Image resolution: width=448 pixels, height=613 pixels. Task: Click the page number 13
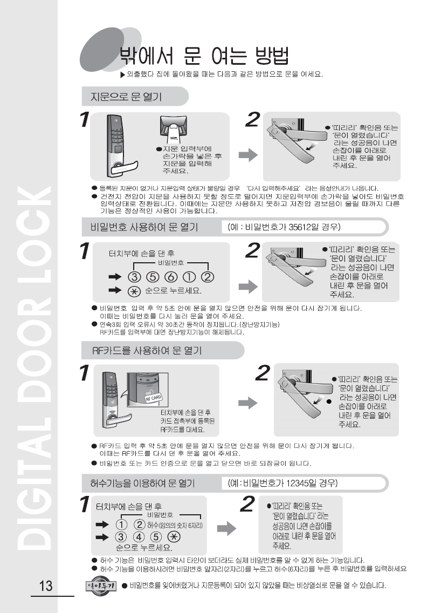(x=46, y=585)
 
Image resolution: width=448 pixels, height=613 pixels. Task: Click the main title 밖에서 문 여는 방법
(x=204, y=56)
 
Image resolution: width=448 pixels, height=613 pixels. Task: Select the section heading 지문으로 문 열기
(x=126, y=97)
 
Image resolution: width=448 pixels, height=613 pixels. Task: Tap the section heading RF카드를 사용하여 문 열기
(x=147, y=350)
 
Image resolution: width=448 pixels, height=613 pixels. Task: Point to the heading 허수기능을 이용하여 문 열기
(x=142, y=483)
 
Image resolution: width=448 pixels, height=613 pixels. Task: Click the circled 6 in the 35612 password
(x=171, y=277)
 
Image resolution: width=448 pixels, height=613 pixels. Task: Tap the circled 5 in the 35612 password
(x=153, y=277)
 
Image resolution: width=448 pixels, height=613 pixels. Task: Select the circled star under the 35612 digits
(x=134, y=291)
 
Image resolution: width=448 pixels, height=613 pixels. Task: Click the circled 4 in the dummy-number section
(x=139, y=537)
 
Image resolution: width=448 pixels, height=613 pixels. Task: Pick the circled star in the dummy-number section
(x=174, y=537)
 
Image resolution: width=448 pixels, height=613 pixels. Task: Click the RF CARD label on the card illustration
(x=153, y=398)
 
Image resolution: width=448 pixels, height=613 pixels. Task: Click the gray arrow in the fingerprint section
(x=248, y=155)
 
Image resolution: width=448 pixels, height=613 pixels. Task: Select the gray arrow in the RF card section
(x=248, y=403)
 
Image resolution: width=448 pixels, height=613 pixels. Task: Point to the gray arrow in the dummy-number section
(x=226, y=529)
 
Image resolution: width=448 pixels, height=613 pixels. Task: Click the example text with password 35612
(x=284, y=227)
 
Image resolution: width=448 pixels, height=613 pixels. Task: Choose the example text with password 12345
(x=283, y=483)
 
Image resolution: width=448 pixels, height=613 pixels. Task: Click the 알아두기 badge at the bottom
(x=101, y=585)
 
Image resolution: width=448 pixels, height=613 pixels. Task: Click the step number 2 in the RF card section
(x=263, y=373)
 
